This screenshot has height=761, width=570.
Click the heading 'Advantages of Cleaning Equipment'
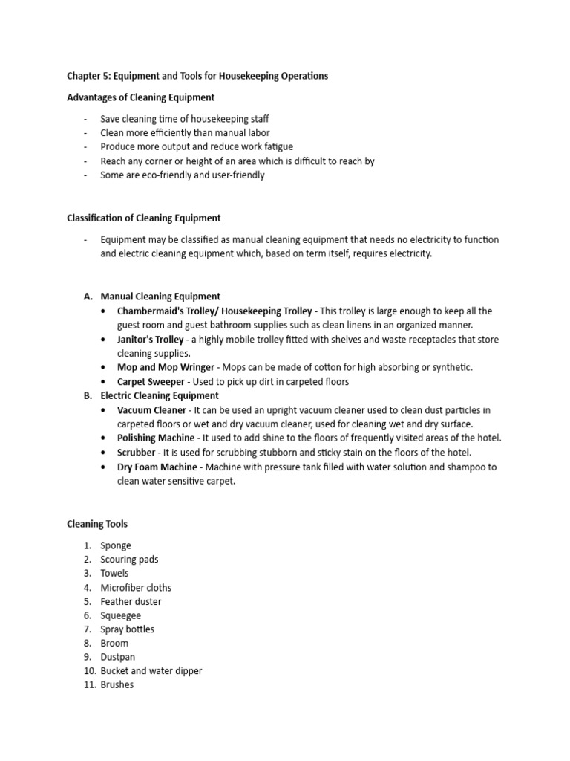[141, 97]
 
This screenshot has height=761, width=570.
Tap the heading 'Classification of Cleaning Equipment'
[144, 218]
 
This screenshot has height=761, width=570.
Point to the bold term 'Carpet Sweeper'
[151, 382]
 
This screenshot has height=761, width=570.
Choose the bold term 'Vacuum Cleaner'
[151, 410]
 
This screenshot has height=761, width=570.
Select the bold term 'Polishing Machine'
[156, 438]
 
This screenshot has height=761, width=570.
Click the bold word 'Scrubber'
[137, 453]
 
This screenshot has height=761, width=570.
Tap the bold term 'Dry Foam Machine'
[157, 467]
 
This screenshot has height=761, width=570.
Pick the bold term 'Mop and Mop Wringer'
[164, 368]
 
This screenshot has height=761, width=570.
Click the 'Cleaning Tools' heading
[97, 524]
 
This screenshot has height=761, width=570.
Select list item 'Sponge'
[116, 545]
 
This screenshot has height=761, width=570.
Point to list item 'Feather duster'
[131, 602]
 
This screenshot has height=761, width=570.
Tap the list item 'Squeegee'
[120, 616]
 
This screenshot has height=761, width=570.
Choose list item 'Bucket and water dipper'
[151, 671]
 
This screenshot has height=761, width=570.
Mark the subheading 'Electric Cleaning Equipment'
[160, 396]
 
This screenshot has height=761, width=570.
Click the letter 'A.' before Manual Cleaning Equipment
[88, 297]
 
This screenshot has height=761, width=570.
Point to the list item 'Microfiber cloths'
[136, 588]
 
